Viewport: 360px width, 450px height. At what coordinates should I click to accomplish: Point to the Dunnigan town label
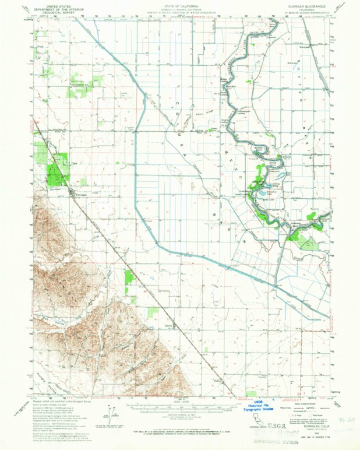tap(81, 195)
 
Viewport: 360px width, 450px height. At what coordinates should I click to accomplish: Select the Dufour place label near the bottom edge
tap(219, 382)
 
